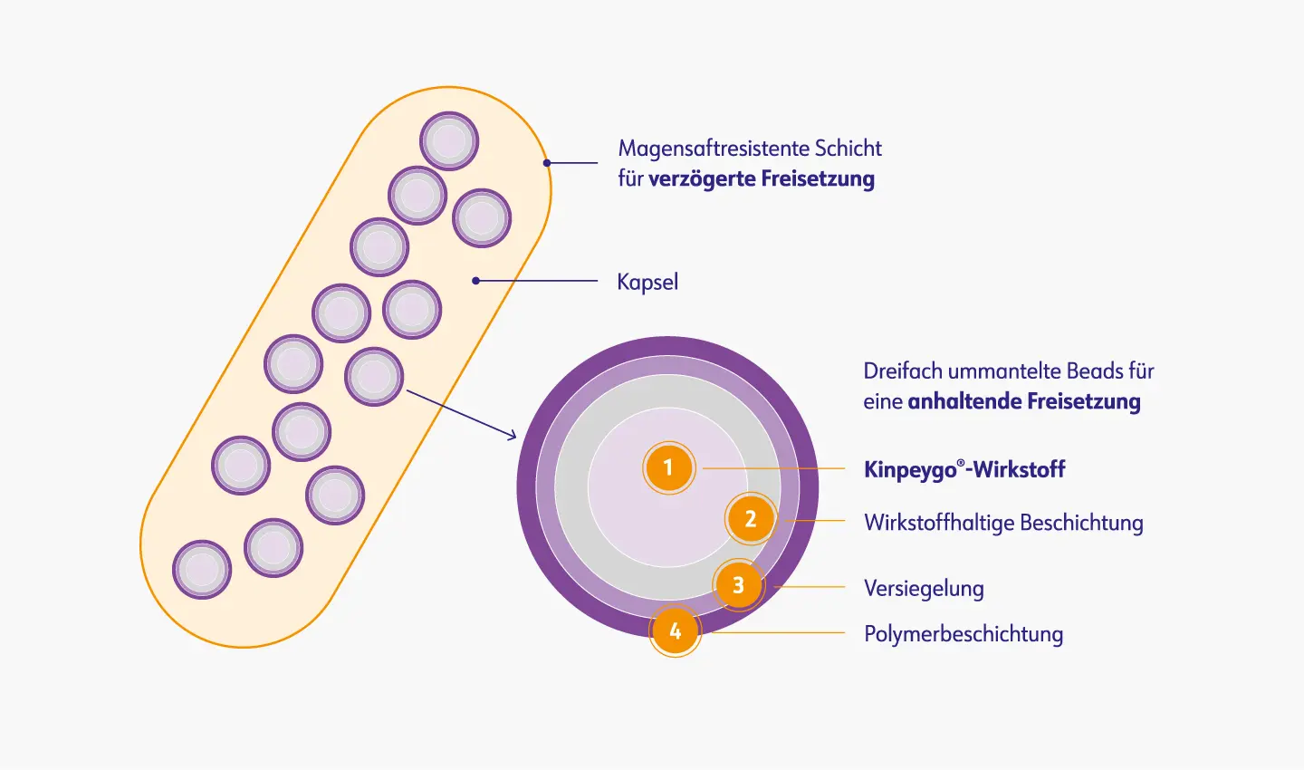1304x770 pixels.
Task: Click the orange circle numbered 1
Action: click(668, 468)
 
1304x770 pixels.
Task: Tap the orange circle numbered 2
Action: click(751, 519)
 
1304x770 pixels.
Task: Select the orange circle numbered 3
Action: click(738, 585)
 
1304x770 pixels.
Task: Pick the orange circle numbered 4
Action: click(675, 630)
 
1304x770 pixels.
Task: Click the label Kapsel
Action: click(647, 282)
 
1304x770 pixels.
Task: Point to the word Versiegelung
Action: click(924, 588)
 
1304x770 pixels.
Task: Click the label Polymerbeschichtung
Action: click(964, 634)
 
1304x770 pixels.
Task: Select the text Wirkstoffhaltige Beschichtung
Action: click(1003, 523)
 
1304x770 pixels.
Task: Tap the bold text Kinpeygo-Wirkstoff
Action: click(964, 469)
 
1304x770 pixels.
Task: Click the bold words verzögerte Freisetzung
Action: click(762, 178)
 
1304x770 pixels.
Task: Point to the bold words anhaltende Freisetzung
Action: click(1024, 401)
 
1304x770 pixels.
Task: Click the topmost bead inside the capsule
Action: click(449, 141)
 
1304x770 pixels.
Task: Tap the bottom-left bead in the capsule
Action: click(202, 570)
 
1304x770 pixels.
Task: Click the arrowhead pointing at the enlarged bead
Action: click(512, 436)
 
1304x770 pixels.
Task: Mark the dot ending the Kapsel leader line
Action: click(476, 281)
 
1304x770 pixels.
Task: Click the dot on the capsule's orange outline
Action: click(547, 163)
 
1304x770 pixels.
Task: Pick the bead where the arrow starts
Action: click(374, 376)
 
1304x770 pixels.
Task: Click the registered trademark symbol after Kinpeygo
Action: click(961, 462)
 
